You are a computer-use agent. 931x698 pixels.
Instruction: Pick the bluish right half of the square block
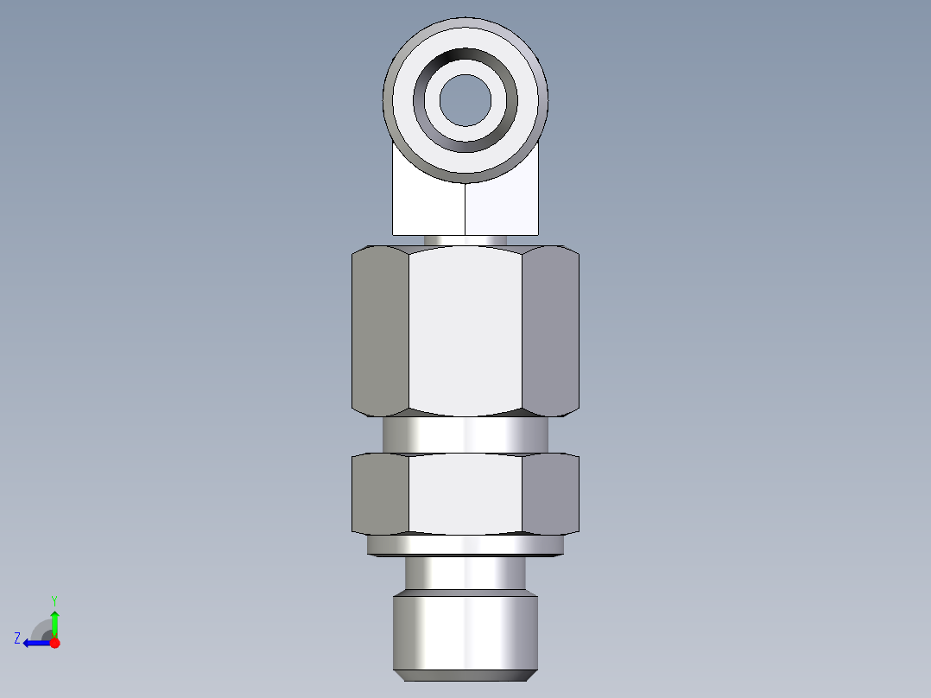503,207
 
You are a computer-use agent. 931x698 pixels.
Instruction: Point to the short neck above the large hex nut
465,239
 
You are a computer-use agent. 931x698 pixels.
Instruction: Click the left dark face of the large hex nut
380,328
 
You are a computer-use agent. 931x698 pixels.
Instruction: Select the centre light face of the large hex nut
465,328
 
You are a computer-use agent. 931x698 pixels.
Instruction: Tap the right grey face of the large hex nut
550,328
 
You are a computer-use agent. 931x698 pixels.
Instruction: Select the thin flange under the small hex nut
465,545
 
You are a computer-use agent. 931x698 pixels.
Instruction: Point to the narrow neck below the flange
465,573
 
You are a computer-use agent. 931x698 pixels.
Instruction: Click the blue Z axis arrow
36,643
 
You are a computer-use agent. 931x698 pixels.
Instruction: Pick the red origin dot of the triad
54,643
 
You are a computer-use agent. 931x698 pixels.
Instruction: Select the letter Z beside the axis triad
17,638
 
